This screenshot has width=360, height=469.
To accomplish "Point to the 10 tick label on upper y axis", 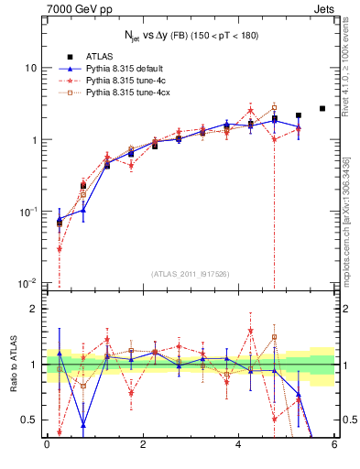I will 31,69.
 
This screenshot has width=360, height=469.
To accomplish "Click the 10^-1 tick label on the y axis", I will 29,212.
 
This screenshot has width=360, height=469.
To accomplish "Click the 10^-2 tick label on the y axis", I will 29,283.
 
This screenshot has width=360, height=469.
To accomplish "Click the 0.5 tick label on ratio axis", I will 30,420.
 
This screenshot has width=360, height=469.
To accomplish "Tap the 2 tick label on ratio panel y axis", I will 35,309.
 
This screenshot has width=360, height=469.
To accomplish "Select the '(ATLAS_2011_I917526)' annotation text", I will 191,273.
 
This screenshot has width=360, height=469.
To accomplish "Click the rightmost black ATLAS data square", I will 322,108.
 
